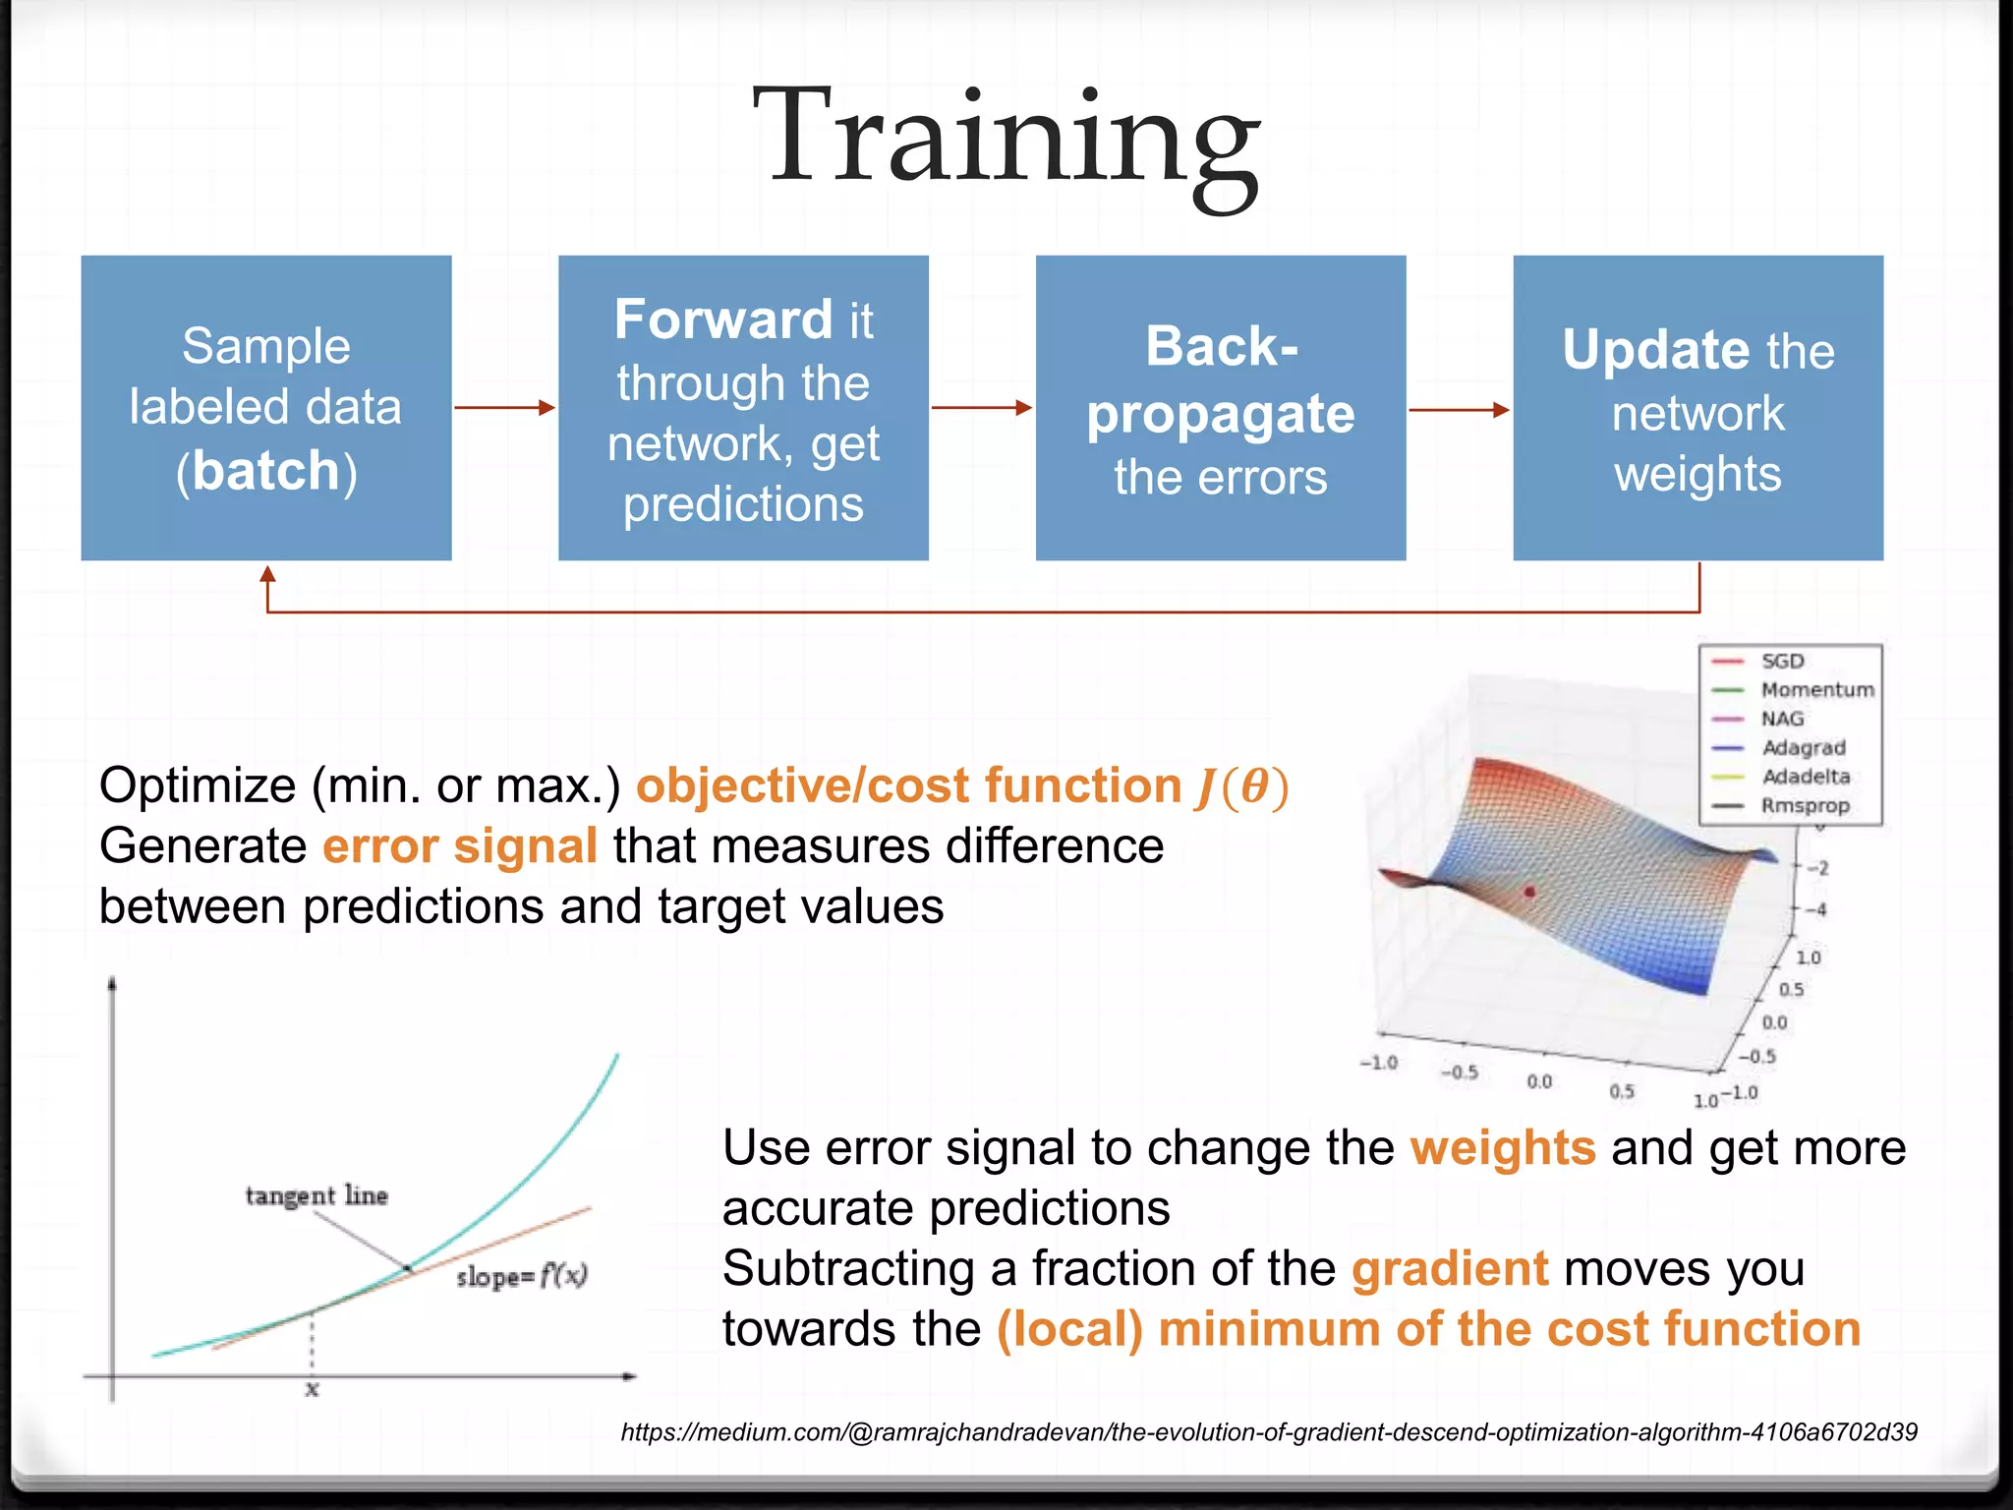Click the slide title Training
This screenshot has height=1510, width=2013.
tap(1006, 138)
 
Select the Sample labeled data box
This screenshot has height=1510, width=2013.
tap(265, 408)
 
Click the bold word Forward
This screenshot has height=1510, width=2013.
tap(723, 319)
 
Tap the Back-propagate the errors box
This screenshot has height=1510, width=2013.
tap(1220, 408)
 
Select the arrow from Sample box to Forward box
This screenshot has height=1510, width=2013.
tap(504, 407)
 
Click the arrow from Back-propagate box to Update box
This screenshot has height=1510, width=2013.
tap(1459, 410)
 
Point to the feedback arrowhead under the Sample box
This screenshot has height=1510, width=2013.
tap(267, 575)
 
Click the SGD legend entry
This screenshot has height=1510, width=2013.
tap(1781, 662)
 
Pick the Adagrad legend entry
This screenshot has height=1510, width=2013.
tap(1803, 748)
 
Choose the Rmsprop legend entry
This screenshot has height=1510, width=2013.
tap(1805, 806)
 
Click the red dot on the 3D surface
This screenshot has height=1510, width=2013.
tap(1529, 892)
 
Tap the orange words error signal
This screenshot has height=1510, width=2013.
tap(460, 846)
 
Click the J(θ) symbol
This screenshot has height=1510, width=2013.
tap(1241, 786)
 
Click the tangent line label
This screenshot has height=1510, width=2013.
tap(316, 1195)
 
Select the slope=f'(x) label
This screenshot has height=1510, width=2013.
tap(521, 1276)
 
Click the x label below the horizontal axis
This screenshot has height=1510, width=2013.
tap(312, 1389)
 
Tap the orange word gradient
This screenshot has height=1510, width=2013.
tap(1449, 1268)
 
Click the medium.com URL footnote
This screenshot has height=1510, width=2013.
tap(1268, 1432)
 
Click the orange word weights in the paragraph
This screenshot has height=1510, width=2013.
tap(1502, 1148)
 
